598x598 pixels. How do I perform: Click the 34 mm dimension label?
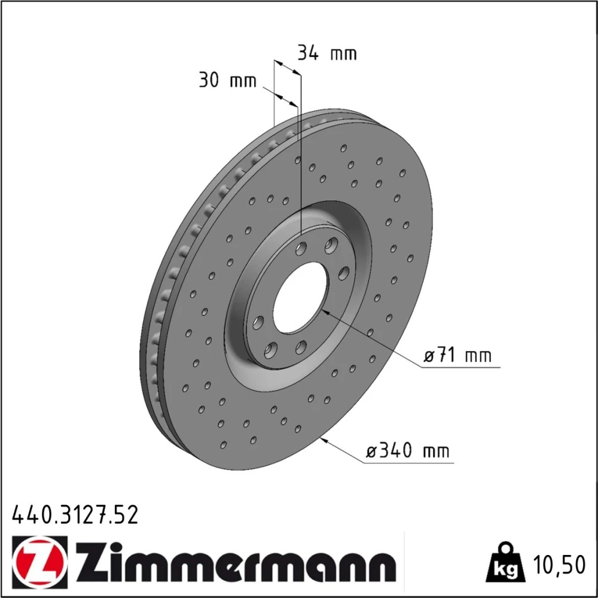click(327, 53)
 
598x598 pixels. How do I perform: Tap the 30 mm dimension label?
click(228, 81)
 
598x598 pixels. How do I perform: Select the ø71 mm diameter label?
click(457, 355)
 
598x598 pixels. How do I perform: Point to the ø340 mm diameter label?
click(408, 450)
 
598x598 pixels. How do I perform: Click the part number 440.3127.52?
click(75, 515)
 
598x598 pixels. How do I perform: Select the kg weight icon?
click(506, 563)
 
